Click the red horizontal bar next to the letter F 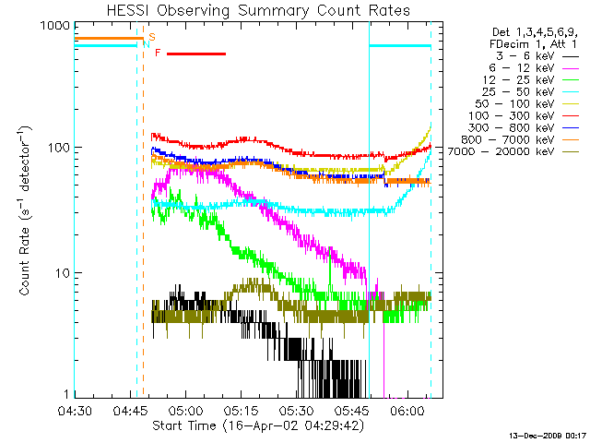(196, 54)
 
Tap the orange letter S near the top (151, 36)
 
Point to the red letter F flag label (158, 54)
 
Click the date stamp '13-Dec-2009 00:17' (549, 435)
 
